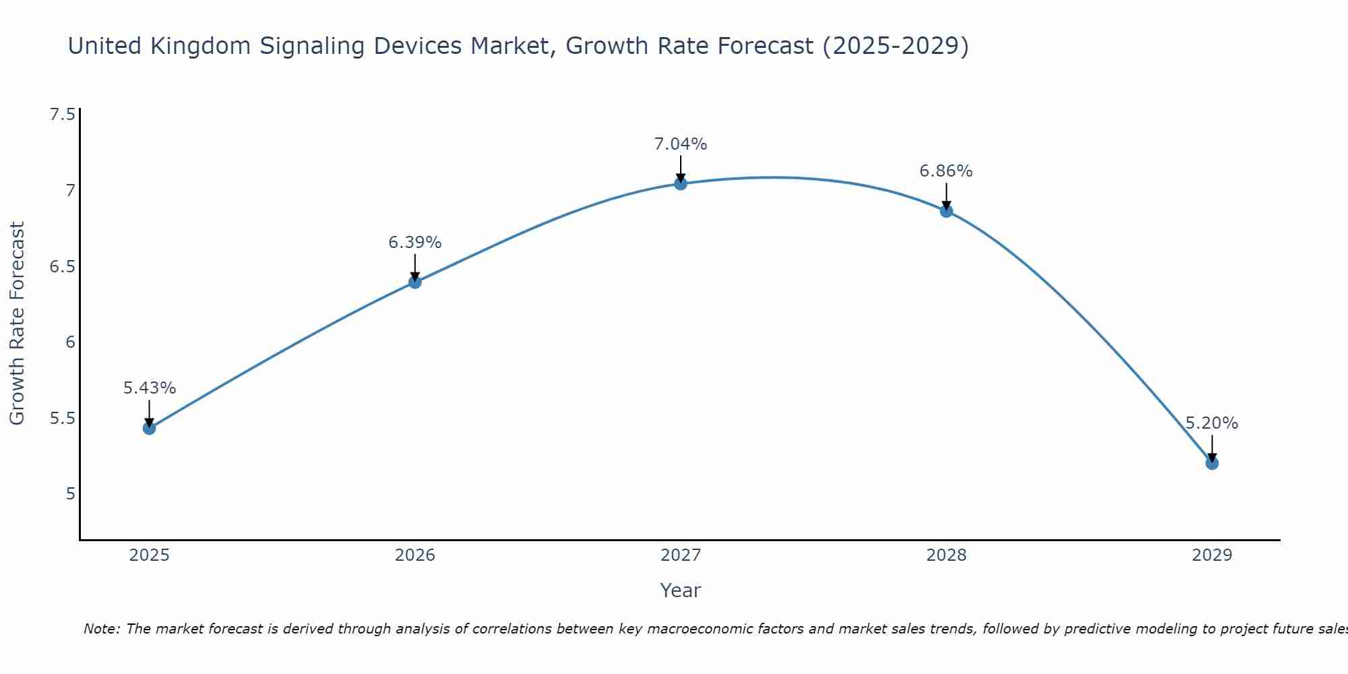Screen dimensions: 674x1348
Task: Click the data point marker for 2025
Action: [149, 428]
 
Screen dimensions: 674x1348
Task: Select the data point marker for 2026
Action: [415, 282]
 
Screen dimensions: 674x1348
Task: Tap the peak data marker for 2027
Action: [680, 183]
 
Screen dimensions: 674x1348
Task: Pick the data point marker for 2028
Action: [946, 211]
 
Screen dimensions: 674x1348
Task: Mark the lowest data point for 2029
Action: [1211, 463]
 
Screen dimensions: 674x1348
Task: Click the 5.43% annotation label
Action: [149, 388]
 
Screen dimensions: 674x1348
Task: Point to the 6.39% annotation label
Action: [415, 243]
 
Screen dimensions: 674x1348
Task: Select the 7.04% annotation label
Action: [680, 144]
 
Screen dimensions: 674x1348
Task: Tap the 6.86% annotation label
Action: [946, 171]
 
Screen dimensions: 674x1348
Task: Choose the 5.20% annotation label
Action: [1211, 423]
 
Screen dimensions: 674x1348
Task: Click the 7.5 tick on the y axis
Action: [62, 115]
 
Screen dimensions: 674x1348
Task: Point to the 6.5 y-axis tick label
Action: [62, 267]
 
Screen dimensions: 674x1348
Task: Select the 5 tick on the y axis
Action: [70, 494]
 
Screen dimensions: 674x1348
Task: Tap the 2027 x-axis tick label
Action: [680, 555]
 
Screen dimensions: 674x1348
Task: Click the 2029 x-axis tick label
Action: [1211, 555]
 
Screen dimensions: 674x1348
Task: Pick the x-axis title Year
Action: [680, 590]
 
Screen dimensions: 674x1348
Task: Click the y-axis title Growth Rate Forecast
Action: [17, 324]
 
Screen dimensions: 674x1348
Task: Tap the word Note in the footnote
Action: [101, 629]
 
